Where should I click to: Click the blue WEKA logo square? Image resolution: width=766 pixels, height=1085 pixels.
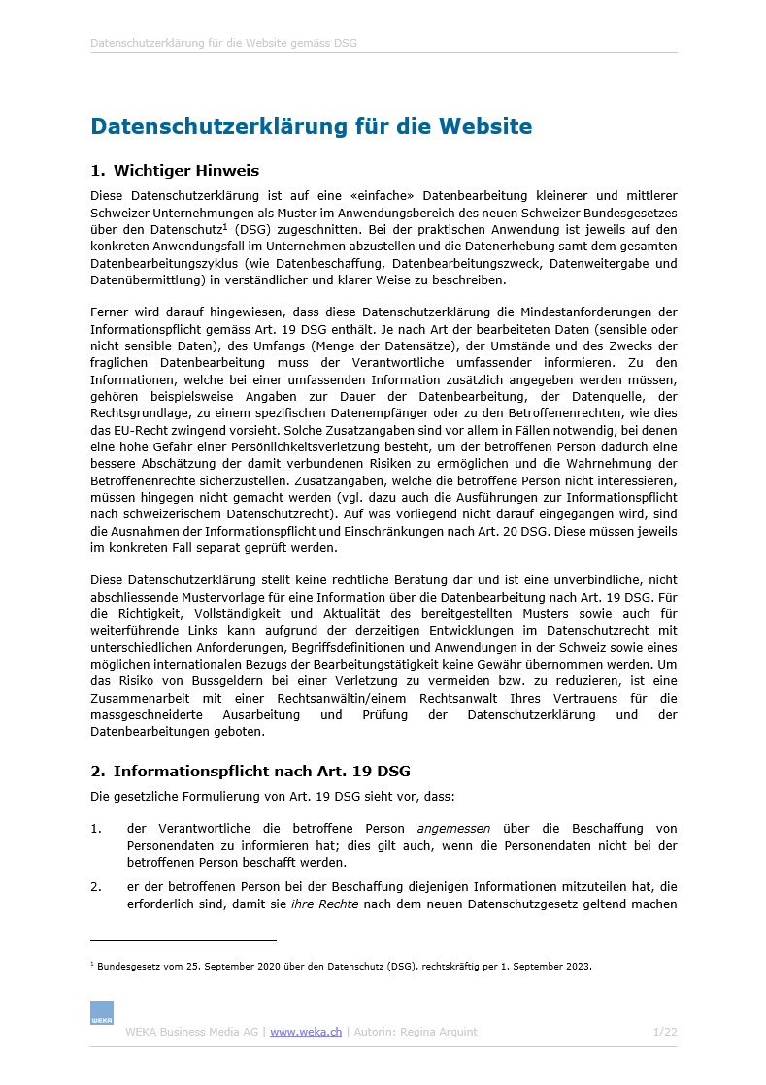point(102,1012)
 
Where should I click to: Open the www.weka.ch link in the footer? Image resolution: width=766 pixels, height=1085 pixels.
point(306,1032)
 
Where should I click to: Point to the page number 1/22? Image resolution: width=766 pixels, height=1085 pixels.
point(665,1032)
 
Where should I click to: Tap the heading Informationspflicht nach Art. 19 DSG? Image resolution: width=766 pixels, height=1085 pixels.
point(262,772)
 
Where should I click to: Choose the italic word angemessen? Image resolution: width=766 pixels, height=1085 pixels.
point(453,829)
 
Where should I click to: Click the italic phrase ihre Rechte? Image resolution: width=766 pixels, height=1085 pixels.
point(324,904)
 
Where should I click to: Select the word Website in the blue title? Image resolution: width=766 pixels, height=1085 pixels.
point(484,126)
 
